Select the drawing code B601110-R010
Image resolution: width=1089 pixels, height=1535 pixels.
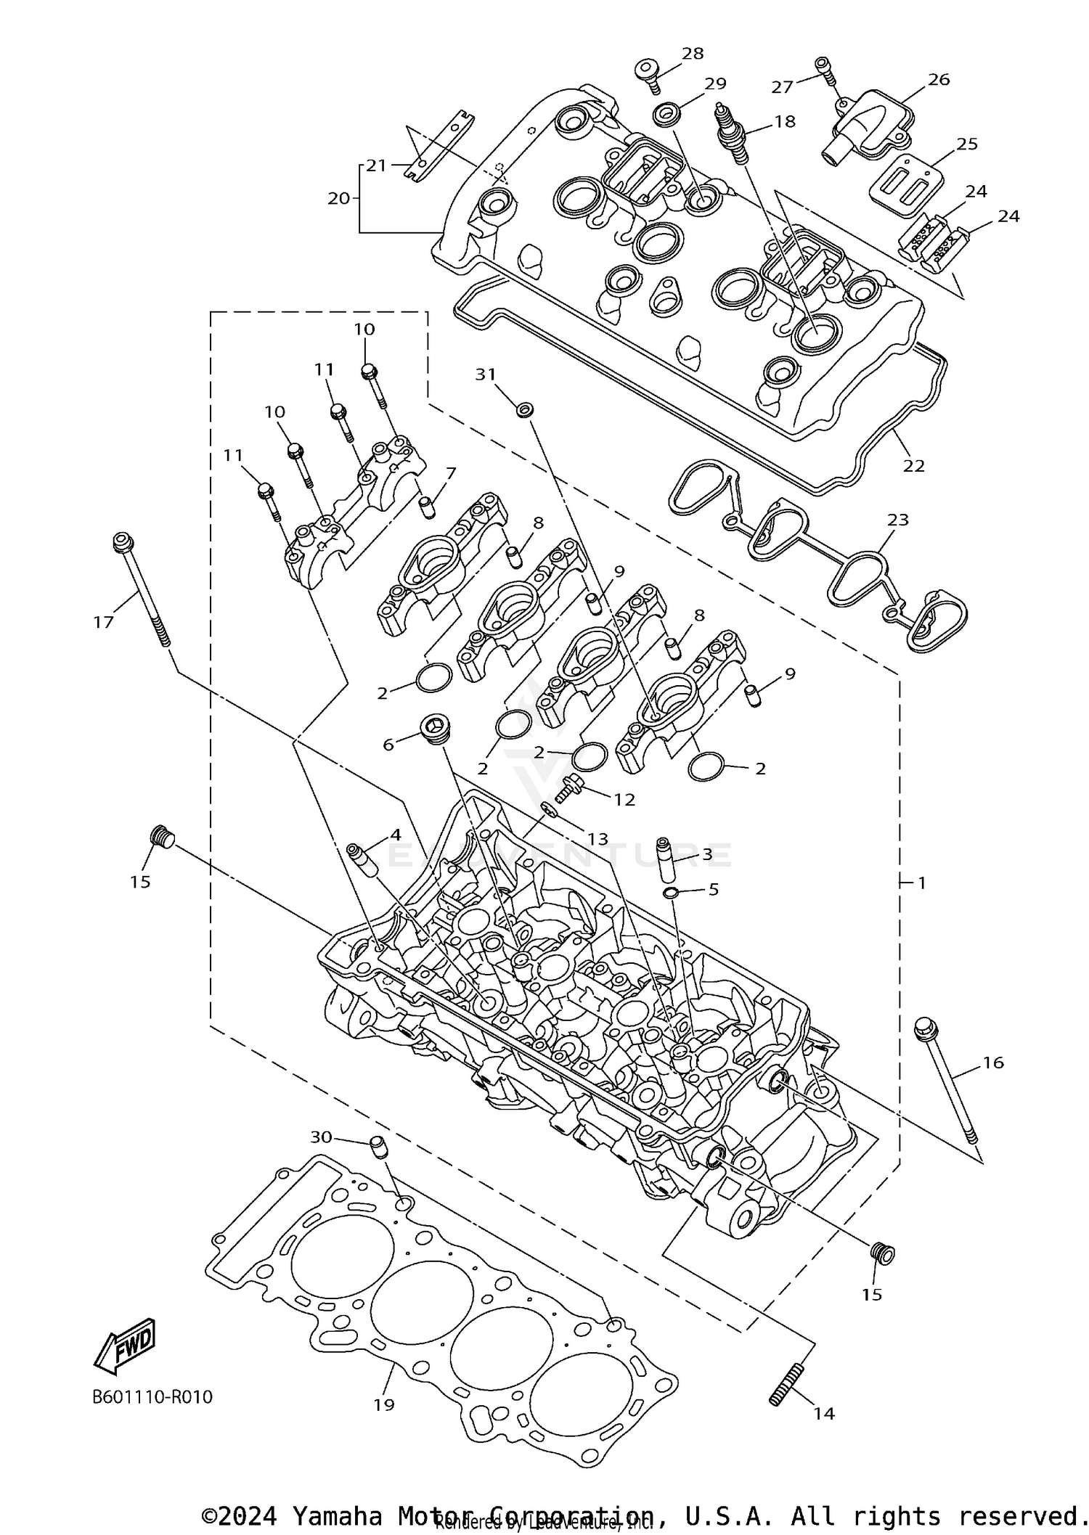click(152, 1397)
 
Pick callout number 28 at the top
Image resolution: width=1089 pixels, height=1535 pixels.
click(693, 53)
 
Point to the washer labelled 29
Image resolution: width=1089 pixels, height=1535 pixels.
click(666, 113)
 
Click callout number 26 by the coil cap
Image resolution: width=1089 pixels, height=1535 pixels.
click(939, 79)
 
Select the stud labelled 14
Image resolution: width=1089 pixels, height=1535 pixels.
click(785, 1385)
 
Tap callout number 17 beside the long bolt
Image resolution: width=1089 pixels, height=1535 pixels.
click(104, 621)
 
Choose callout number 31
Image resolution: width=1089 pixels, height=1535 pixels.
click(485, 374)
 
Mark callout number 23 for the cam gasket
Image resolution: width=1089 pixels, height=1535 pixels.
click(898, 520)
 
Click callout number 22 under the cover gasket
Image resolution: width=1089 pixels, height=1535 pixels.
click(913, 466)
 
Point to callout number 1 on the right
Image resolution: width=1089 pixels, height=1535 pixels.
click(922, 883)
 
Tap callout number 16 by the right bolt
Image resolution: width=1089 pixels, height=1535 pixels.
click(993, 1063)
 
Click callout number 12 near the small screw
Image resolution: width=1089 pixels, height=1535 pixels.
click(624, 800)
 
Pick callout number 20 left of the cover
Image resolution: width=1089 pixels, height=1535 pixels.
click(339, 197)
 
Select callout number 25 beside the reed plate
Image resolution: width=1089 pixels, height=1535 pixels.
click(967, 144)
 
